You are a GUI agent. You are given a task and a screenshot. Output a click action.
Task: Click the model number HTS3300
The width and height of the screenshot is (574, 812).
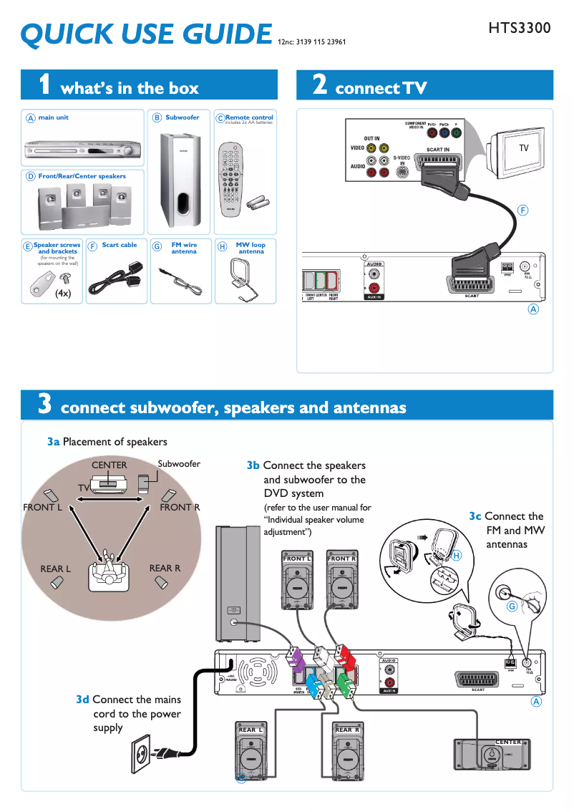pos(520,29)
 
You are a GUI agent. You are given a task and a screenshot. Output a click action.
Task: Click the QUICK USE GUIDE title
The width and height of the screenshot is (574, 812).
pos(146,34)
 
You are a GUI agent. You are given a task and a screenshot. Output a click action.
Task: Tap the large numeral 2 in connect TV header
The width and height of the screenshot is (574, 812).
pos(320,85)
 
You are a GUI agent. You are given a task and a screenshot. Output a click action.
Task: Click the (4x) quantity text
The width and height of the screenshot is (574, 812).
pos(63,294)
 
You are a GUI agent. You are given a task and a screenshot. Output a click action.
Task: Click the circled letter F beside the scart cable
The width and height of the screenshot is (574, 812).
pos(523,211)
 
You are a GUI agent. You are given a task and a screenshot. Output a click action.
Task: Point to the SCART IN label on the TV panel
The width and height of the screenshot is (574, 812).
pos(437,150)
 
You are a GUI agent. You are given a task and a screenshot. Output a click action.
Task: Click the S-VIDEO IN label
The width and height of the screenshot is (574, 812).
pos(402,160)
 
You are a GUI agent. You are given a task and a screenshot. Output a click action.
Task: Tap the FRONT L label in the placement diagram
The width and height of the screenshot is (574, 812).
pos(43,508)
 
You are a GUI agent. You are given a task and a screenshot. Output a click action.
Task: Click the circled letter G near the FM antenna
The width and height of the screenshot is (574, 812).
pos(512,606)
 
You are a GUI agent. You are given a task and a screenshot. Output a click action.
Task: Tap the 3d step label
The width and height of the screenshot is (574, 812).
pos(83,700)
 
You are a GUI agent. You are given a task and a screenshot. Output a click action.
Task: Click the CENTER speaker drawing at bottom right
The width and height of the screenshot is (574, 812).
pos(491,756)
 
